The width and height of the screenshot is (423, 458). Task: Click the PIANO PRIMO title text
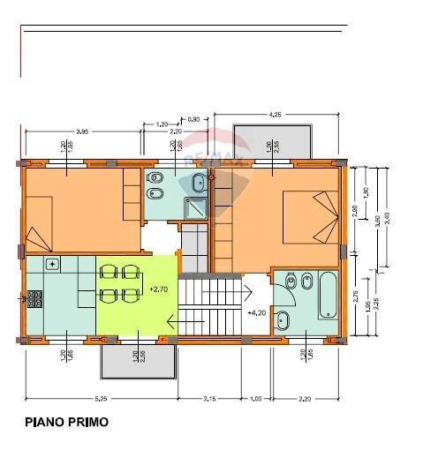pos(66,423)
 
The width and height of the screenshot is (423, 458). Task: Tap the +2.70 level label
pos(160,289)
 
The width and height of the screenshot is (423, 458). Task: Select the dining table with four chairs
pos(118,282)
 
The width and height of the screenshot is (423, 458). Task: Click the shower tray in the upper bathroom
pos(193,206)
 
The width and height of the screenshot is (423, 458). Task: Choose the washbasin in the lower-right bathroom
pos(284,319)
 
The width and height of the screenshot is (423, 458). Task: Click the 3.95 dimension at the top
pos(82,131)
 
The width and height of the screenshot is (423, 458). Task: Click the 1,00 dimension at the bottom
pos(257,399)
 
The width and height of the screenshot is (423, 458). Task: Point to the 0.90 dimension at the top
pos(194,117)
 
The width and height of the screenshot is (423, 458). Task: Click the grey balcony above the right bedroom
pos(272,141)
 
